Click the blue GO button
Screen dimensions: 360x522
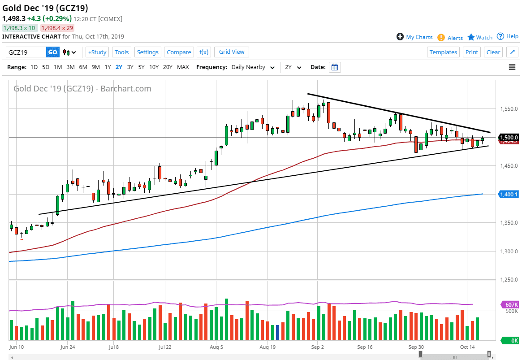[x=52, y=52]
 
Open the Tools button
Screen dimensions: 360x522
[x=121, y=52]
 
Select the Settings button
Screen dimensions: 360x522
[x=147, y=52]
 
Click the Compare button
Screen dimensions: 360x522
[x=179, y=52]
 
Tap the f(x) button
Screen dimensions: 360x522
[x=203, y=52]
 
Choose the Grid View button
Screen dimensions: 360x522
[x=232, y=52]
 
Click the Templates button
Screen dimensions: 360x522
[x=443, y=52]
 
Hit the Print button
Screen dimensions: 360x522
[x=472, y=52]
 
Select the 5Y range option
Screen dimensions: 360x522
[x=141, y=67]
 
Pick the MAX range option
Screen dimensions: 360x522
[x=183, y=67]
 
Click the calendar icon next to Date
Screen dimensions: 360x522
[x=335, y=67]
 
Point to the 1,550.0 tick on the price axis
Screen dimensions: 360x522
[x=509, y=109]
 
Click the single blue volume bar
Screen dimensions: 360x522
[x=277, y=332]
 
